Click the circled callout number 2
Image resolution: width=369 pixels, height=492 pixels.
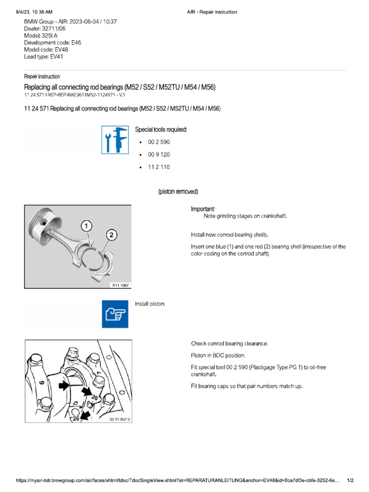tap(111, 234)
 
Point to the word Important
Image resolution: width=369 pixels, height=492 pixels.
tap(203, 209)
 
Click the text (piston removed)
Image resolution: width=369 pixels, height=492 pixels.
tap(178, 192)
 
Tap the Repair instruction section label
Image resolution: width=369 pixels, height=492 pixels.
tap(42, 76)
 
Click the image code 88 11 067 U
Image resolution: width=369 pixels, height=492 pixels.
tap(120, 419)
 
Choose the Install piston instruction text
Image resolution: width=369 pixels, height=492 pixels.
tap(150, 304)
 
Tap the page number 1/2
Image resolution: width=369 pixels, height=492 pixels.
tap(350, 480)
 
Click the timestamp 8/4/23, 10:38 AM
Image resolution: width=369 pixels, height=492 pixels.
tap(33, 12)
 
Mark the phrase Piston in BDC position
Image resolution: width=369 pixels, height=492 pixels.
tap(218, 356)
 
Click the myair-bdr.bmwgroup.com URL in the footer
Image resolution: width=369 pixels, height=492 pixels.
tap(178, 480)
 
